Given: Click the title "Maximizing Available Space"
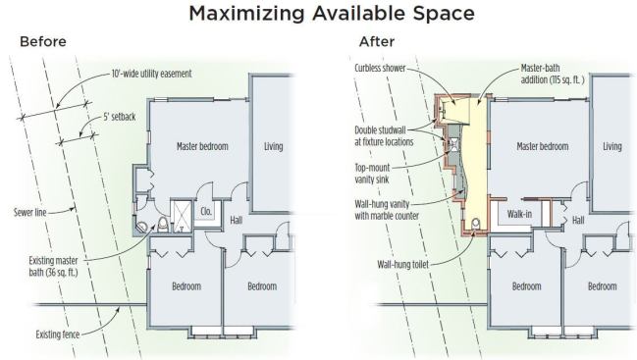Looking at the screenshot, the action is point(332,13).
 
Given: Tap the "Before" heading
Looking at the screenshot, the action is point(43,41).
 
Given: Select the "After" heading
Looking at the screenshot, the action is point(377,41).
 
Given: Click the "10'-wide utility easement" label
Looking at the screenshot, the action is point(151,74).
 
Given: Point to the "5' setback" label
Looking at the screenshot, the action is point(119,117).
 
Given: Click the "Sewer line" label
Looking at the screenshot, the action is point(30,212).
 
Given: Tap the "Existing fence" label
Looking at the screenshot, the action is point(58,334).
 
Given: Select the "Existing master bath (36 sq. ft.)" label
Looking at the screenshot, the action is point(53,266).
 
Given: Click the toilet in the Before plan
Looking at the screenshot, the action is point(163,225).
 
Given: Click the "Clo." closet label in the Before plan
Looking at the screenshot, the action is point(206,212).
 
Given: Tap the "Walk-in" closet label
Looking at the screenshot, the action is point(519,214).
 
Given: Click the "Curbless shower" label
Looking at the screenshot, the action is point(380,69).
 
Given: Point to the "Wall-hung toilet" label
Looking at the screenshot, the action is point(403,265).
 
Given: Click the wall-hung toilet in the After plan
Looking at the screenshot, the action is point(476,225).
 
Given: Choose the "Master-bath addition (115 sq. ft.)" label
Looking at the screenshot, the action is point(553,74).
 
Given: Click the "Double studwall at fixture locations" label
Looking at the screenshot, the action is point(384,136).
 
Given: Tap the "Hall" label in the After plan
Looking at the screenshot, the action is point(578,221).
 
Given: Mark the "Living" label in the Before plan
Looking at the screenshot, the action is point(274,146).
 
